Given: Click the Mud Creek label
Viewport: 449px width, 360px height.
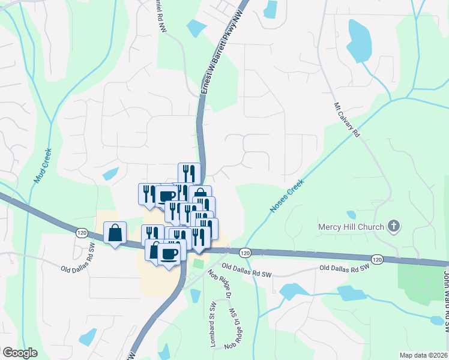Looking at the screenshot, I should (x=42, y=166).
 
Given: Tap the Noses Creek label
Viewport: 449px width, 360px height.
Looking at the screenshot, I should (x=287, y=196).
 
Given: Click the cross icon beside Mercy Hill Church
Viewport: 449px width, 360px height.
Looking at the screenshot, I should (x=394, y=226).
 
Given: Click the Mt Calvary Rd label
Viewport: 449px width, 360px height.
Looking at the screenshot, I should (x=346, y=119).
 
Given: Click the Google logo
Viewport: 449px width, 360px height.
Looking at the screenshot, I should (x=20, y=353).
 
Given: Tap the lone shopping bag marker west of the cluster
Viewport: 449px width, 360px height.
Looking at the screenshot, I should (x=115, y=232).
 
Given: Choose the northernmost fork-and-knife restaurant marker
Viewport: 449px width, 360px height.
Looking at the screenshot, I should (x=189, y=173).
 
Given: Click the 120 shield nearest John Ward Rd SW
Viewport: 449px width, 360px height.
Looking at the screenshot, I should (x=376, y=259).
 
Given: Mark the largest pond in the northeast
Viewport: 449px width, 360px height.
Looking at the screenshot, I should (x=360, y=40).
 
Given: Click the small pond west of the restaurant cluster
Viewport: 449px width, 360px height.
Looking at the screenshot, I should (x=110, y=175).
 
